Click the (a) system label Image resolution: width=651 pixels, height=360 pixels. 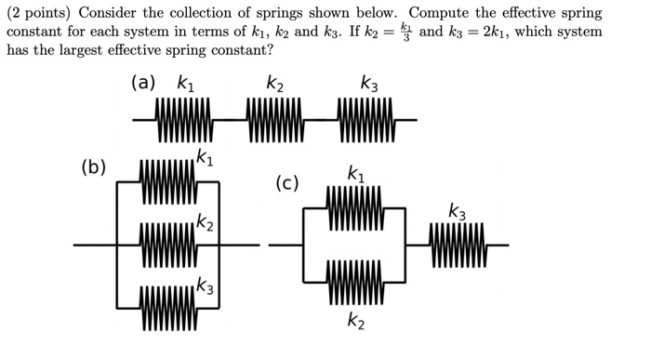144,83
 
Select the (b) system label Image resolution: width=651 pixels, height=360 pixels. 93,168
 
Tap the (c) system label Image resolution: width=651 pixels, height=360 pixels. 286,182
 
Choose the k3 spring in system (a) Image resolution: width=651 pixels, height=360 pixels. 368,120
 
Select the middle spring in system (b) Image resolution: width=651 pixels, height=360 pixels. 168,246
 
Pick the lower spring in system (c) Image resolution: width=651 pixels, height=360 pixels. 354,283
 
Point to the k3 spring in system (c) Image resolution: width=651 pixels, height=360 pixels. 458,246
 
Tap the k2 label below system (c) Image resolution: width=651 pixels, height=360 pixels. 355,322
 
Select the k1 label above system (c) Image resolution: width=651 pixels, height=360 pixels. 355,172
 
